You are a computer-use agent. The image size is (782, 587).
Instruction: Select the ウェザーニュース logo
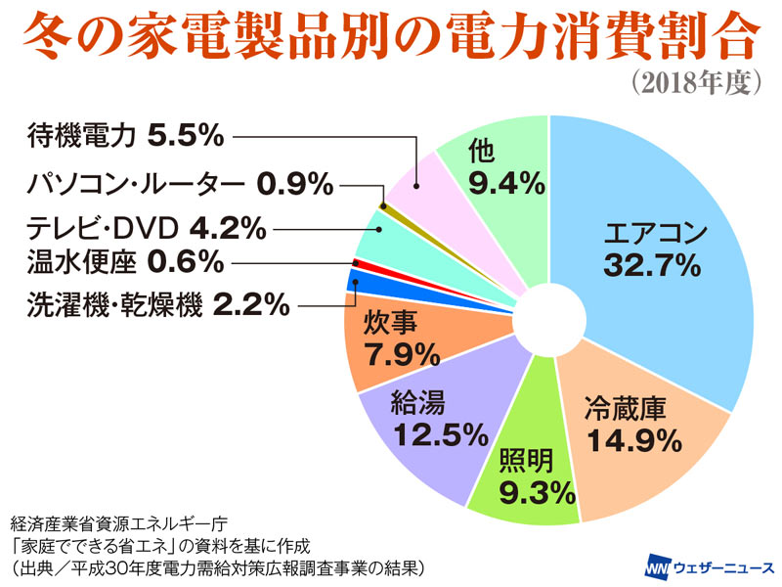click(x=710, y=566)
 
